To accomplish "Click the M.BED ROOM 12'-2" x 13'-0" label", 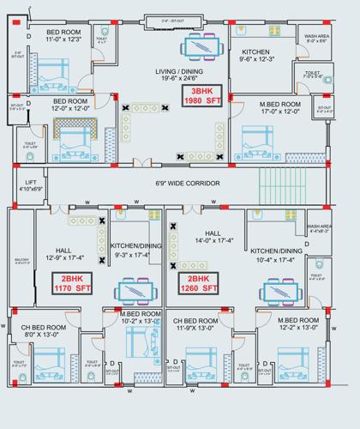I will (298, 324).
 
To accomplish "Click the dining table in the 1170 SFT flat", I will (136, 290).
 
